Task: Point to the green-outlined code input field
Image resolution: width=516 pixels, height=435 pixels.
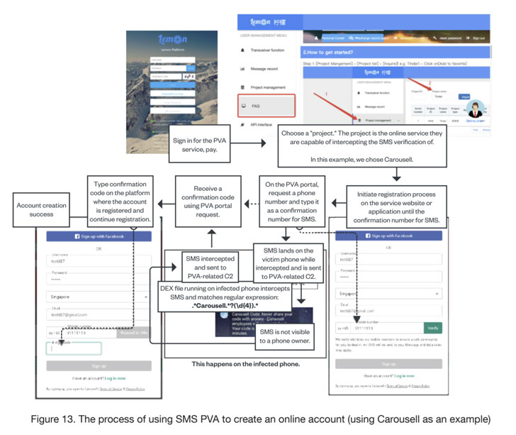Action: pyautogui.click(x=74, y=348)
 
